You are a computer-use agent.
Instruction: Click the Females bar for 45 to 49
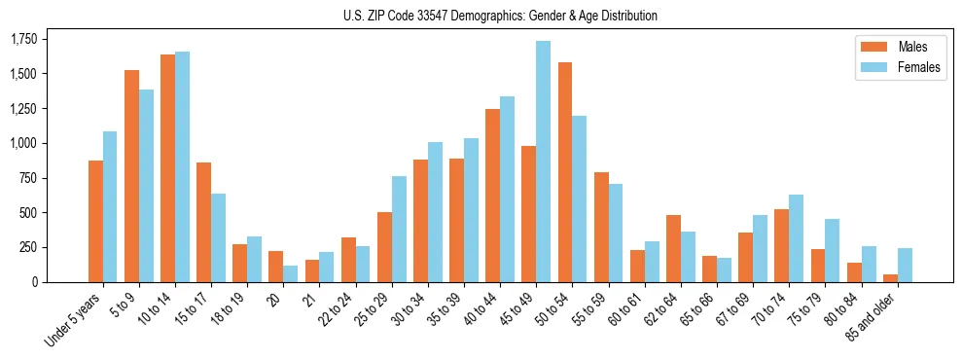coord(544,162)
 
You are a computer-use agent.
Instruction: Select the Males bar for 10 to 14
coord(167,168)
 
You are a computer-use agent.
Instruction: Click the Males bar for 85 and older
coord(890,278)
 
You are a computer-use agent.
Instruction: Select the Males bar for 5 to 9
coord(131,176)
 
